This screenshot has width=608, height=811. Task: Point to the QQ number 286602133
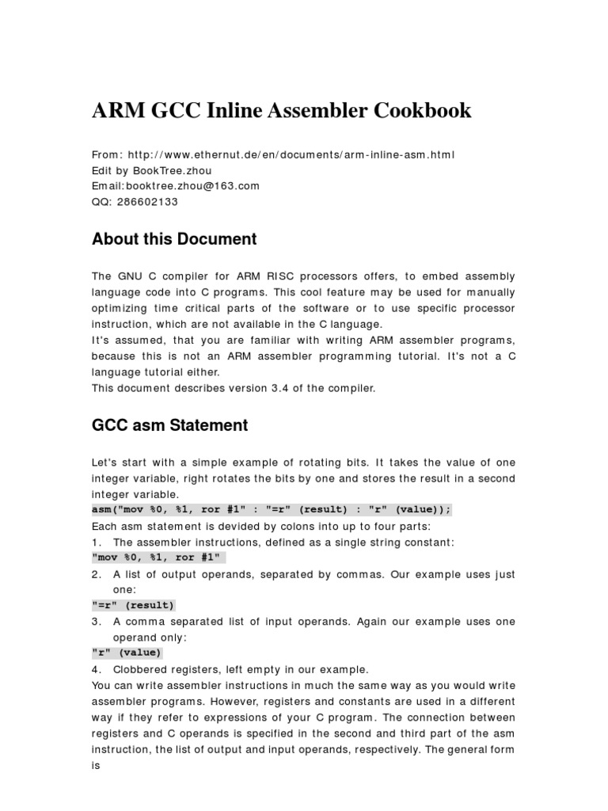click(x=146, y=202)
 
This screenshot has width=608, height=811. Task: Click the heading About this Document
click(x=174, y=239)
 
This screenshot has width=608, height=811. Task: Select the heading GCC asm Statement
click(x=170, y=425)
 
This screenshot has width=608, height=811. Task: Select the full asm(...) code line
click(x=272, y=511)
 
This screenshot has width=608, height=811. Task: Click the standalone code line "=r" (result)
click(x=133, y=606)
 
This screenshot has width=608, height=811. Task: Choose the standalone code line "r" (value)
click(x=127, y=653)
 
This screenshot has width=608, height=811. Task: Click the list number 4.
click(x=96, y=669)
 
